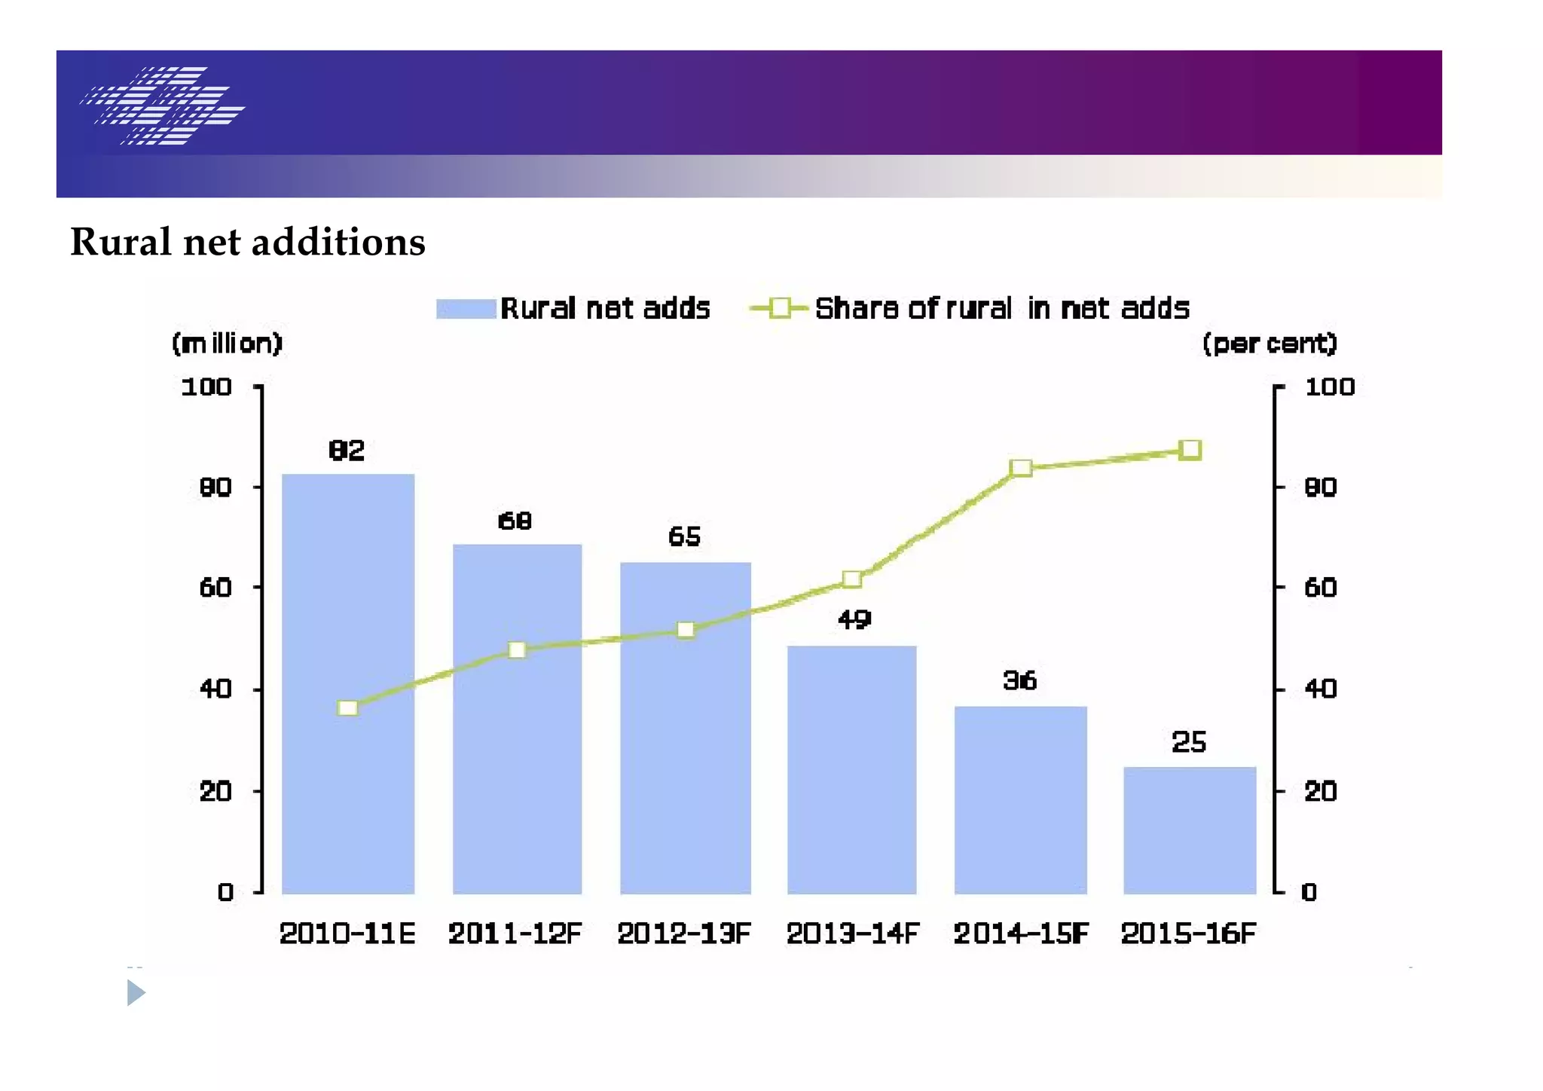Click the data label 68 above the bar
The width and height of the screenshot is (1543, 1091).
(515, 521)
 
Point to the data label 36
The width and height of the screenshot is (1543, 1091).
(1020, 681)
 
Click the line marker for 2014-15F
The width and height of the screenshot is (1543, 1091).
(1021, 468)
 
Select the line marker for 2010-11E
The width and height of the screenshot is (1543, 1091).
(348, 707)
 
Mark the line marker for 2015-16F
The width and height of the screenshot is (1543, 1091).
(1190, 450)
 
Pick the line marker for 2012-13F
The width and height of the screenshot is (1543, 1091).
(686, 630)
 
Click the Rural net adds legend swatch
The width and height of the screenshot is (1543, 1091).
(466, 309)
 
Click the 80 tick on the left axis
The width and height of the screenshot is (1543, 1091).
(215, 487)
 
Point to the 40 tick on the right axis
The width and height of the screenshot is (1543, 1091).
(1320, 689)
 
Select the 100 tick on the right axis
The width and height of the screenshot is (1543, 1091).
(1329, 387)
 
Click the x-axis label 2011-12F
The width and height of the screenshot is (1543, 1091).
(515, 934)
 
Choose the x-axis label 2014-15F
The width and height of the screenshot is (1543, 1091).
(1021, 934)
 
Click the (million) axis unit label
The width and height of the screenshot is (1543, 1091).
(227, 344)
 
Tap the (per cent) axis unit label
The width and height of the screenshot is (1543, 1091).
(1270, 344)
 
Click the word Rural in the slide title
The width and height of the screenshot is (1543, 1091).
(121, 243)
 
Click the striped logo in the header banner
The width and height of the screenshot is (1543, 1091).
(163, 105)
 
